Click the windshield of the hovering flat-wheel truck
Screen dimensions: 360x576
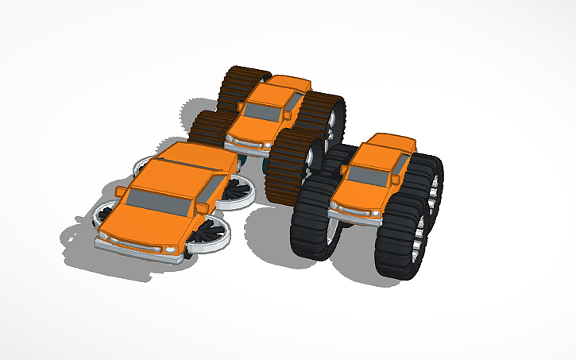(x=159, y=201)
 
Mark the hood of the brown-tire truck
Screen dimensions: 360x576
(x=254, y=128)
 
